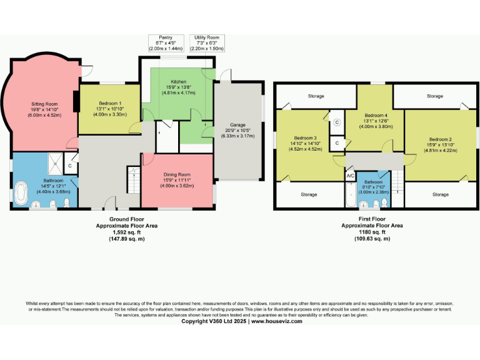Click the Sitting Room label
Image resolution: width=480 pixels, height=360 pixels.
(x=44, y=104)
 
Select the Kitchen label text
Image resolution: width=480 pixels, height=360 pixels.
(x=179, y=81)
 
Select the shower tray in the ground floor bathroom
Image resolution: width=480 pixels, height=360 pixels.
(x=54, y=162)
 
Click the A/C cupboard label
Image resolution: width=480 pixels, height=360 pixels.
(x=351, y=176)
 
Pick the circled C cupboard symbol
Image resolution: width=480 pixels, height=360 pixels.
(x=337, y=123)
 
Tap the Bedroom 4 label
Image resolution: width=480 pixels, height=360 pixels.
(x=376, y=116)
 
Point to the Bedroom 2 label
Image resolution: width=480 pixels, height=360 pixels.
(x=441, y=139)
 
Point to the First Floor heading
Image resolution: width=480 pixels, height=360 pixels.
(x=371, y=219)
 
